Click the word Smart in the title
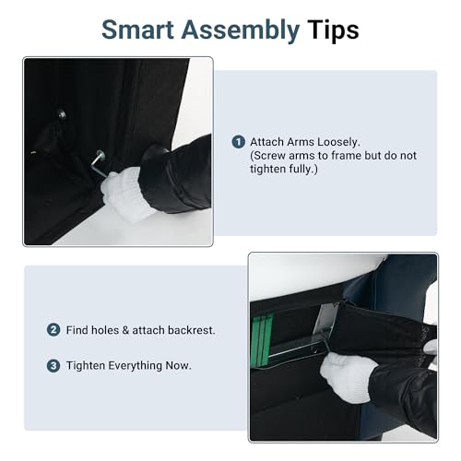pos(137,30)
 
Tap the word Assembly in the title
pos(241,31)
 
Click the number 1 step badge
pos(238,142)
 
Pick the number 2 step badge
pos(53,330)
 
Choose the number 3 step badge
pos(53,366)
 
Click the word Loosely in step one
pos(338,142)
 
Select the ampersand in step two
pos(125,330)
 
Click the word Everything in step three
pos(136,366)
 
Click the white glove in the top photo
pos(124,194)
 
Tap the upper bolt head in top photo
pos(62,114)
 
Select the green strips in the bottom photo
pos(261,339)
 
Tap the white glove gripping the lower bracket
pos(348,377)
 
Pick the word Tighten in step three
pos(86,366)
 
